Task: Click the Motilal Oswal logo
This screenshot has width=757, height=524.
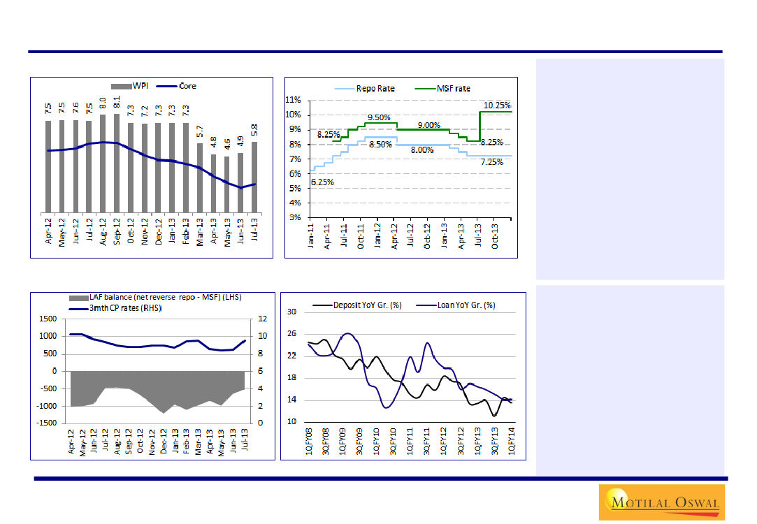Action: (661, 502)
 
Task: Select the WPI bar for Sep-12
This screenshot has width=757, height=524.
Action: (117, 162)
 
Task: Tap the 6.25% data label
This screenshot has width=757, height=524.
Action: (322, 182)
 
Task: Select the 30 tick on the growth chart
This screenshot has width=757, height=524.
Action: (292, 312)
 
